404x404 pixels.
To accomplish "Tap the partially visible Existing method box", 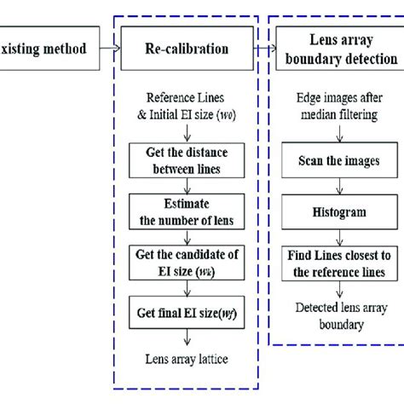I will [x=47, y=49].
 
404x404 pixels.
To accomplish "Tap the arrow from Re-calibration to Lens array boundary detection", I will [x=264, y=49].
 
